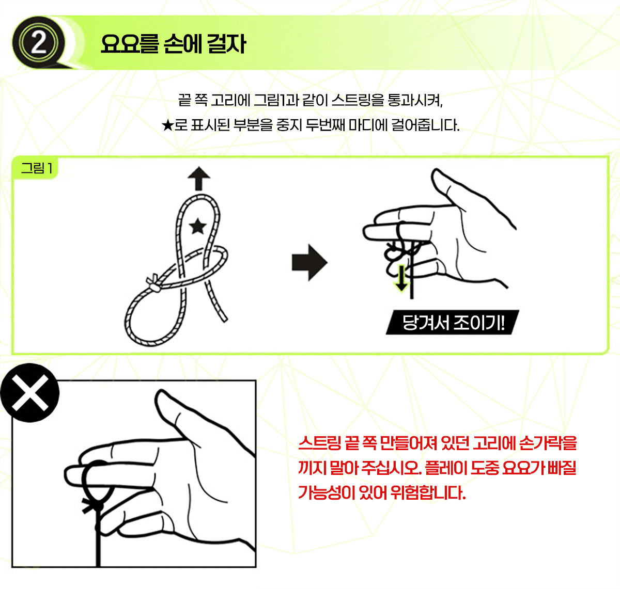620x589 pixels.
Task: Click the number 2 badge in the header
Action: tap(38, 42)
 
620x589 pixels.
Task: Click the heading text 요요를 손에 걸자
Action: tap(173, 44)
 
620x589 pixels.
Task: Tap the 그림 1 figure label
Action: tap(36, 168)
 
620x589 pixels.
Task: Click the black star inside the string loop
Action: tap(198, 226)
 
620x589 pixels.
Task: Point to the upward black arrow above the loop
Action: tap(199, 179)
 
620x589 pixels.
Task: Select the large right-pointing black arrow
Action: tap(309, 262)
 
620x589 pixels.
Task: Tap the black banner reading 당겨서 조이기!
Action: tap(452, 322)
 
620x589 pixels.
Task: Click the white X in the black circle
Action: tap(30, 393)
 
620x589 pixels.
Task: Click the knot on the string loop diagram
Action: tap(153, 283)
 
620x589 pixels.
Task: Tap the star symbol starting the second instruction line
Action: tap(167, 125)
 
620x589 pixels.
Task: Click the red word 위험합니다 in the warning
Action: tap(428, 492)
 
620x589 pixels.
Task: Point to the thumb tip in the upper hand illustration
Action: tap(436, 173)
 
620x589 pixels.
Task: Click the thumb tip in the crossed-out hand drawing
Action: tap(160, 395)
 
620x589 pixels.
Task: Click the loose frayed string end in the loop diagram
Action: tap(224, 319)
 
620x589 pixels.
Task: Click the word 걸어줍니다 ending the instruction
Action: tap(425, 125)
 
